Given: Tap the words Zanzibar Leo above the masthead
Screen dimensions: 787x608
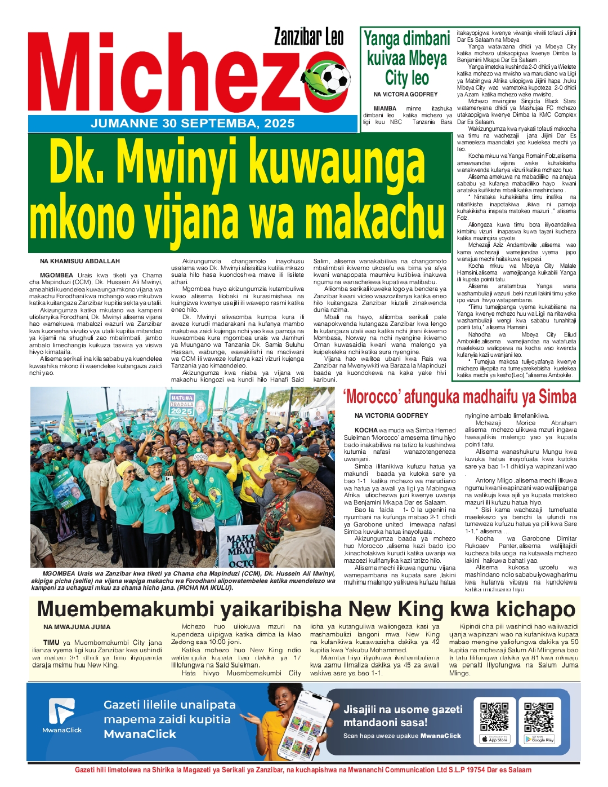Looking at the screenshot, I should tap(309, 38).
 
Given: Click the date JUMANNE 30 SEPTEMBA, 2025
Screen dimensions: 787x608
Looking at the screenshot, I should tap(193, 123).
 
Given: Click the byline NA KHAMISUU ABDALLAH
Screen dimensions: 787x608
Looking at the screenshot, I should tap(80, 262).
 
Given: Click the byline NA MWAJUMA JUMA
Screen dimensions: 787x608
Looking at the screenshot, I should tap(77, 627).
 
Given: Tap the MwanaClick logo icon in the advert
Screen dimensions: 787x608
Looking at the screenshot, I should tap(61, 711).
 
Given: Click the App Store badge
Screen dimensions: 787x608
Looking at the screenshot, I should tap(494, 739).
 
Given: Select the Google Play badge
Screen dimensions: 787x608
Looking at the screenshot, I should tap(539, 739).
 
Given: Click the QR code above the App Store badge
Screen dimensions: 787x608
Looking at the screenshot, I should tap(494, 716).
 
